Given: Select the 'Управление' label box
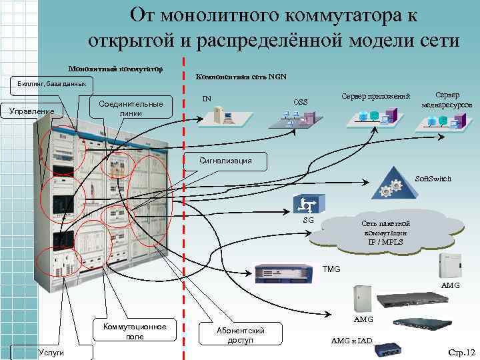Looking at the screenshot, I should [33, 111].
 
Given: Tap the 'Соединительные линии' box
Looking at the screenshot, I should [131, 109].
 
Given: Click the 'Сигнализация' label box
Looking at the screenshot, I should [225, 160].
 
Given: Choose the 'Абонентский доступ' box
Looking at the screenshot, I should [241, 335].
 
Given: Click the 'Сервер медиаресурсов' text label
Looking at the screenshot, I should [447, 100].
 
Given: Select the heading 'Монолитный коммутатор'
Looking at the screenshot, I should [116, 69].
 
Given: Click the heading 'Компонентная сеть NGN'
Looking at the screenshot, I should [241, 77].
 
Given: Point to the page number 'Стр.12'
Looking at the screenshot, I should [461, 351].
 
